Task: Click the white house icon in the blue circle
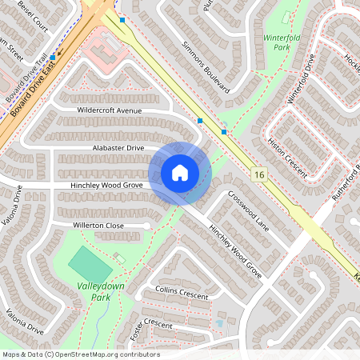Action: pyautogui.click(x=180, y=173)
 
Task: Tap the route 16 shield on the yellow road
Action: pyautogui.click(x=258, y=174)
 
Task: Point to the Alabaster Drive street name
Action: pyautogui.click(x=118, y=148)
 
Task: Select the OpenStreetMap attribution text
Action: pyautogui.click(x=80, y=354)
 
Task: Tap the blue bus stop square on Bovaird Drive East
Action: pyautogui.click(x=53, y=58)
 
